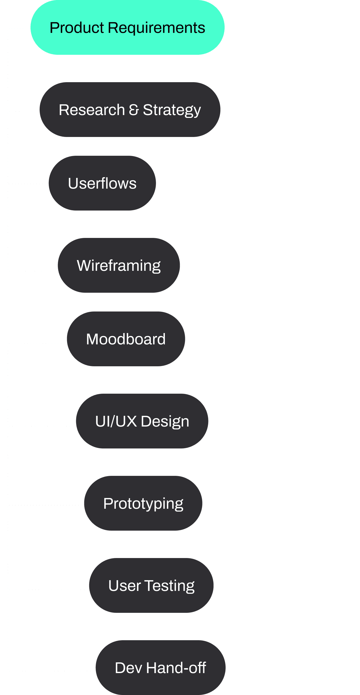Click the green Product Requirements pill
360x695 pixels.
tap(127, 27)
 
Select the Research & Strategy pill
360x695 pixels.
tap(130, 110)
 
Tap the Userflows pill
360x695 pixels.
tap(102, 183)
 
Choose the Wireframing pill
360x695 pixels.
tap(119, 265)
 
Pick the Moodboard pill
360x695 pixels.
tap(126, 339)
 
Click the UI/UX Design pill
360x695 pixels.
tap(142, 421)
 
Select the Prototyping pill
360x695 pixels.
tap(143, 503)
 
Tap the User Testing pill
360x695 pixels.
tap(151, 585)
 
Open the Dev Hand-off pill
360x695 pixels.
tap(161, 668)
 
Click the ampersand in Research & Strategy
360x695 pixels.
tap(134, 110)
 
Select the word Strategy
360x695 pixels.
tap(172, 111)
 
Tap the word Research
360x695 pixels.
tap(92, 110)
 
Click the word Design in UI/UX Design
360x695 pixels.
tap(165, 422)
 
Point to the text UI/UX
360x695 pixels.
tap(116, 421)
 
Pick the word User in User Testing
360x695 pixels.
tap(125, 586)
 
